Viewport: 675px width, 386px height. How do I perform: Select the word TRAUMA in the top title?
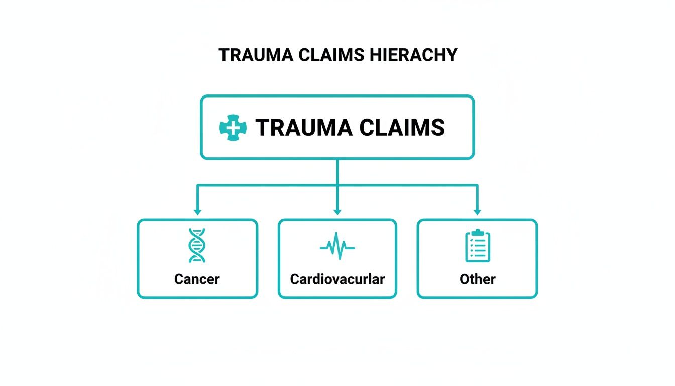(249, 55)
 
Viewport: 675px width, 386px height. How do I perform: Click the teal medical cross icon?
(233, 128)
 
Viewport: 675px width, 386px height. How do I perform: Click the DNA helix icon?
(197, 245)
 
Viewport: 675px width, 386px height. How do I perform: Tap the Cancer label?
(197, 279)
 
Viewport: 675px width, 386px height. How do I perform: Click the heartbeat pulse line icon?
(337, 246)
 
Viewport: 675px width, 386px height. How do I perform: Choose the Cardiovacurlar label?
(337, 279)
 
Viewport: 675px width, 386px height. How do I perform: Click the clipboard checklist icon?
(477, 246)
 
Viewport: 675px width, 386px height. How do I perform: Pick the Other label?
(477, 279)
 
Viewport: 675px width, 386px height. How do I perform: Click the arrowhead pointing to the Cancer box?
(197, 211)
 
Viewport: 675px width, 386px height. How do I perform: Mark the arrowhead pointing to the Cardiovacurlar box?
(337, 211)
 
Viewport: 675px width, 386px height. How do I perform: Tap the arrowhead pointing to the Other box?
(477, 211)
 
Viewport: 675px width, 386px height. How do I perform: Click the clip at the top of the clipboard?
(477, 232)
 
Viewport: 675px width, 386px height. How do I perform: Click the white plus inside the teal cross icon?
(233, 128)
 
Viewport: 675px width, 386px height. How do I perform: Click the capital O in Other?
(465, 279)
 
